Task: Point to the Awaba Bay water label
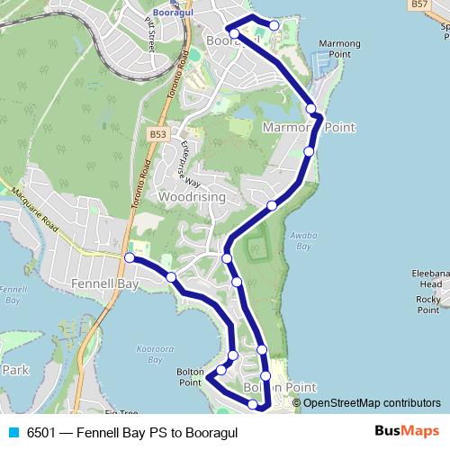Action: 301,240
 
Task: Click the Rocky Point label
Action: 427,304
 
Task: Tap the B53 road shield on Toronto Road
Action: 159,132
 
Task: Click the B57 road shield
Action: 418,4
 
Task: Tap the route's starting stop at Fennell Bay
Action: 129,258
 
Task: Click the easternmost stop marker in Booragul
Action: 274,25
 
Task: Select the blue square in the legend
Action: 13,432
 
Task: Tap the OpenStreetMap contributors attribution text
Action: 372,403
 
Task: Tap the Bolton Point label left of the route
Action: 190,376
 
